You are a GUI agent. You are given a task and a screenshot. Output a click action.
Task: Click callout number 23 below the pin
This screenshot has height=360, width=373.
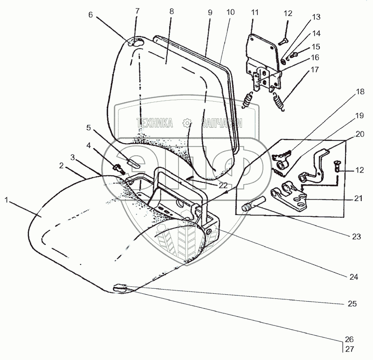(x=357, y=236)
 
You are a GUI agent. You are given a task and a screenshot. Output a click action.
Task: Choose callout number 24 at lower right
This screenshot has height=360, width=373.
(x=354, y=277)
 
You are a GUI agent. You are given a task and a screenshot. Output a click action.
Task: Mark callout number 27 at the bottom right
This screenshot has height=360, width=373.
(x=350, y=348)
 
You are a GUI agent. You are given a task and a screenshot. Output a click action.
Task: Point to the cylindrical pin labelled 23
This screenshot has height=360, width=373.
(x=255, y=204)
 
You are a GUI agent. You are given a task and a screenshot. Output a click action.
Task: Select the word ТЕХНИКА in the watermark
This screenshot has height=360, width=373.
(x=154, y=123)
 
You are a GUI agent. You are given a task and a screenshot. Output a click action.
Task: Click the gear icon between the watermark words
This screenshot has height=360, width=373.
(x=187, y=123)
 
